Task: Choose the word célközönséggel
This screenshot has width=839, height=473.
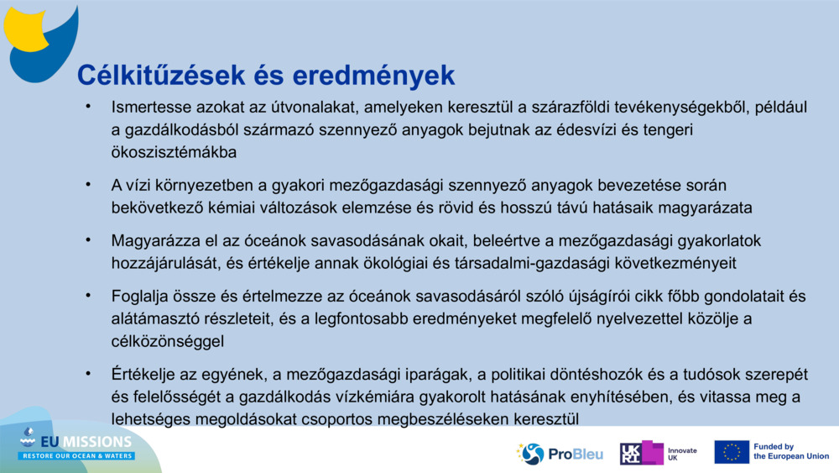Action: pos(167,340)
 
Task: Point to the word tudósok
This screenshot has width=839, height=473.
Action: pos(685,373)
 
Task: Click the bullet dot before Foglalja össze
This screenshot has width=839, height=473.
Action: pos(86,296)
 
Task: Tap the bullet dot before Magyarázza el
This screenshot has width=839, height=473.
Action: pos(86,240)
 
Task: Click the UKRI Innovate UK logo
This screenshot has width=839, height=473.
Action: pos(658,454)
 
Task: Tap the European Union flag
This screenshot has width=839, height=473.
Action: pos(731,452)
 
